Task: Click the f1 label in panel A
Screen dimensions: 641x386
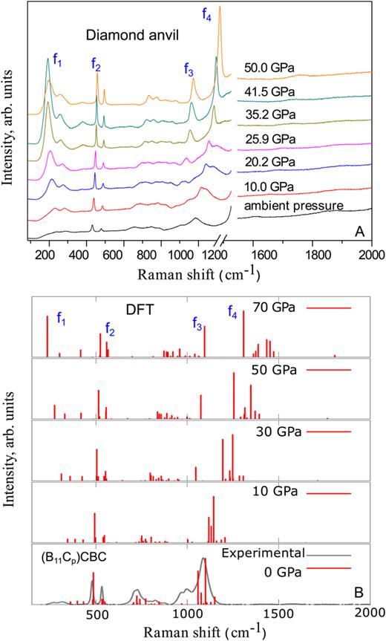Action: click(x=56, y=63)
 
